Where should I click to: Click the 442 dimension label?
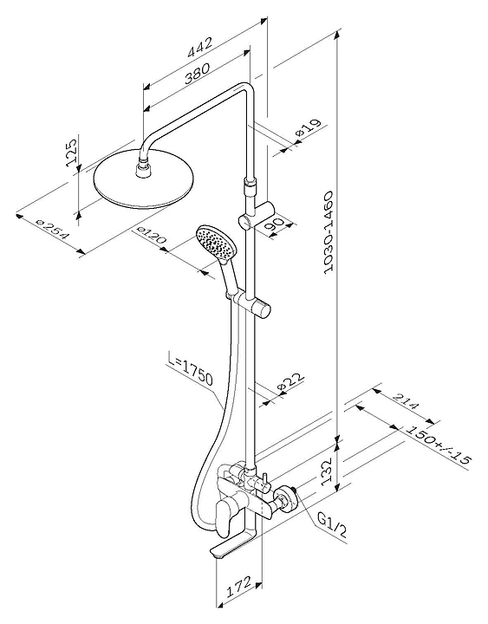[x=200, y=48]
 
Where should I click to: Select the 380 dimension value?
[x=196, y=73]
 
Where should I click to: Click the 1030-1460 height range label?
[x=328, y=232]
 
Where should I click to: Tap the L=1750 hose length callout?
[x=190, y=371]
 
